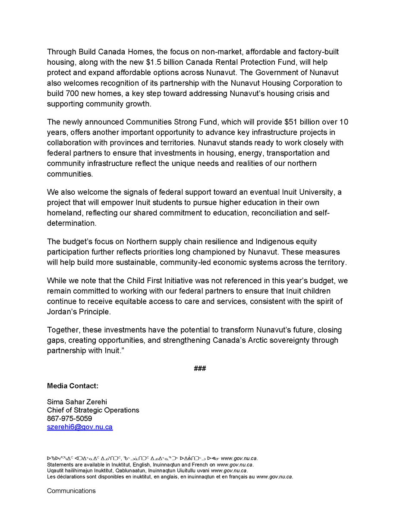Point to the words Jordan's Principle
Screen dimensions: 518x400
point(83,310)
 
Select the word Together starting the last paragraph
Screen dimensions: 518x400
point(64,330)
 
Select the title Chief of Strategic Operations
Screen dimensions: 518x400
point(93,411)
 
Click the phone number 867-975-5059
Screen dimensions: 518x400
point(69,419)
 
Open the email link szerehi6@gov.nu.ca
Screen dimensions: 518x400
point(80,427)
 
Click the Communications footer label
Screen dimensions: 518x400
point(71,491)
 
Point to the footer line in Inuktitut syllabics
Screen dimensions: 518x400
point(154,458)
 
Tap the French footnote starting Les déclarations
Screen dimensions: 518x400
point(170,477)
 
